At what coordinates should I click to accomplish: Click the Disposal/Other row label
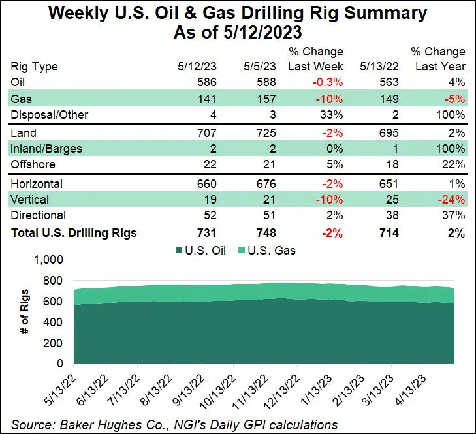coord(50,116)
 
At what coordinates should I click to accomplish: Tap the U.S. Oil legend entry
coord(203,250)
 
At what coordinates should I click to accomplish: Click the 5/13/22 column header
coord(375,66)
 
